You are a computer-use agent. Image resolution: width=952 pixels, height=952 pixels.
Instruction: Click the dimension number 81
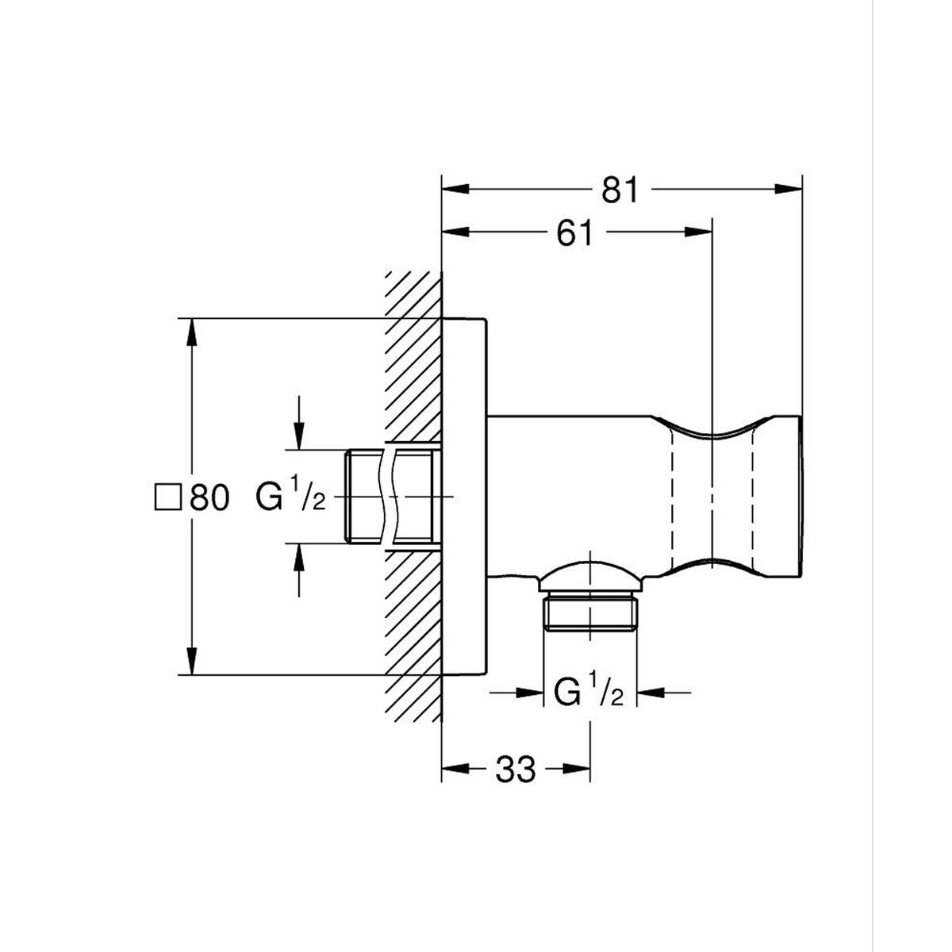(620, 190)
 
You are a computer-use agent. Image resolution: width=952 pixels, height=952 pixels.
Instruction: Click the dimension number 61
(574, 232)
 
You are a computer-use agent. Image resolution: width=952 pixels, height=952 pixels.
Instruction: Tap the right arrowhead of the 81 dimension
(788, 190)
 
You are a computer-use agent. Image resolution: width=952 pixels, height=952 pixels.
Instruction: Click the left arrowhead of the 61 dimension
(455, 232)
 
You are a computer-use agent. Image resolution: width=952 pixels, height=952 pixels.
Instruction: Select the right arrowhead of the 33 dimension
(577, 769)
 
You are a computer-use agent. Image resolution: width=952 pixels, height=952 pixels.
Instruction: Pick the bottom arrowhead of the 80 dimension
(192, 661)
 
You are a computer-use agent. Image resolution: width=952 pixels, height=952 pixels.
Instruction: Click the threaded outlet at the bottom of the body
(590, 613)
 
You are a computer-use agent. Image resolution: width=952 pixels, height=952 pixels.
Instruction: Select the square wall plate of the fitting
(464, 497)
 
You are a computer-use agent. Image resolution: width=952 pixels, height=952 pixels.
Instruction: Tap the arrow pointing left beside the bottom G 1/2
(663, 692)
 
